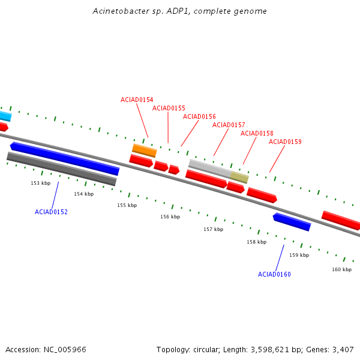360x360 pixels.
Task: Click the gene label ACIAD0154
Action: pyautogui.click(x=137, y=100)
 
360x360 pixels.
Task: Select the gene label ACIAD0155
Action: pyautogui.click(x=169, y=108)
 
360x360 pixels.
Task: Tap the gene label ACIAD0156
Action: pyautogui.click(x=199, y=116)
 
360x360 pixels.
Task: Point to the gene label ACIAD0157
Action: pyautogui.click(x=229, y=125)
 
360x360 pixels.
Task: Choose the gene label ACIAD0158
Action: pyautogui.click(x=257, y=133)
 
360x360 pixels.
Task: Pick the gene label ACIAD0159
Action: pyautogui.click(x=285, y=142)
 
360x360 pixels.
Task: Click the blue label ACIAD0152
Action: pyautogui.click(x=51, y=212)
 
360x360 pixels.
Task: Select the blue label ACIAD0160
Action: pyautogui.click(x=274, y=274)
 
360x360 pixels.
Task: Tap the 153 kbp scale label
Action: pyautogui.click(x=41, y=183)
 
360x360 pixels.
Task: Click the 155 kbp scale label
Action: pyautogui.click(x=127, y=205)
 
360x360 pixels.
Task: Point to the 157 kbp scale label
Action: pyautogui.click(x=213, y=229)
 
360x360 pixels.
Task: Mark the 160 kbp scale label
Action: pyautogui.click(x=341, y=269)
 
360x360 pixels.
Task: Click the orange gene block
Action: pyautogui.click(x=145, y=150)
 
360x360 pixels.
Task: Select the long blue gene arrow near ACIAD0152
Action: pyautogui.click(x=65, y=158)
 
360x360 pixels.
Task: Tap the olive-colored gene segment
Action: pyautogui.click(x=239, y=178)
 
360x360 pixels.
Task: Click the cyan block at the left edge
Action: pyautogui.click(x=5, y=116)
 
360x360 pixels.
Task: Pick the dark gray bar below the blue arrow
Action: pyautogui.click(x=62, y=169)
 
